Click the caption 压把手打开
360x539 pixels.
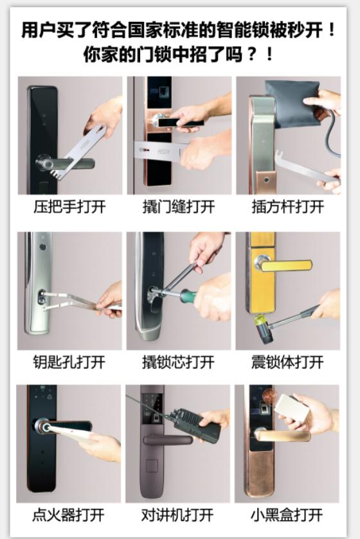[x=69, y=208]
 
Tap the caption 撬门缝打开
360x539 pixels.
[x=178, y=208]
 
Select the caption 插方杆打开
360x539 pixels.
[x=287, y=208]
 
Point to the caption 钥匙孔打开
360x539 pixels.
[x=69, y=362]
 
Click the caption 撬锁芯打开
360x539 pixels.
[x=178, y=362]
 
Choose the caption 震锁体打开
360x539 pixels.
[x=287, y=362]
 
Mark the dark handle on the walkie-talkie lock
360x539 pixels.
[x=168, y=439]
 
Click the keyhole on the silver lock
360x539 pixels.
[x=42, y=297]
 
